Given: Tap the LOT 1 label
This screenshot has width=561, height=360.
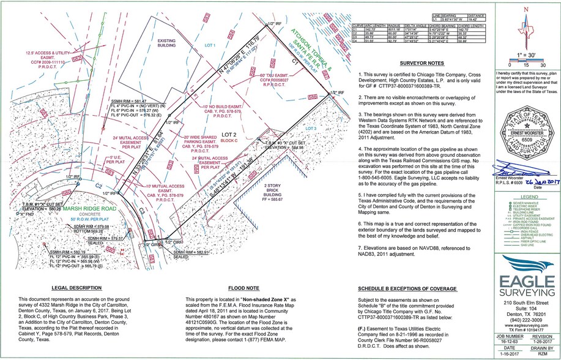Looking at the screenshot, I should click(x=211, y=47).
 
